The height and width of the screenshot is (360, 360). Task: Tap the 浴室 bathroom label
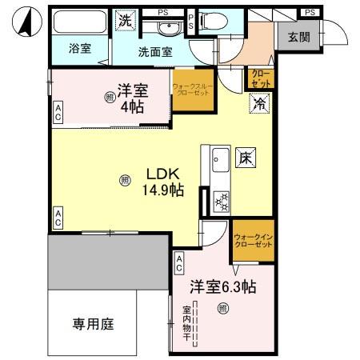point(79,48)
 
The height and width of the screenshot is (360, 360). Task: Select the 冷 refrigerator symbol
point(260,103)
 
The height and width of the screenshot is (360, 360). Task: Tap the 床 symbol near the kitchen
point(246,159)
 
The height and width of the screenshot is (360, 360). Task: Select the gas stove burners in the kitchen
point(221,201)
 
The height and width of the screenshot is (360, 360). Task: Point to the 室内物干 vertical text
point(186,324)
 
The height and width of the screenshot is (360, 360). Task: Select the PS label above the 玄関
point(309,12)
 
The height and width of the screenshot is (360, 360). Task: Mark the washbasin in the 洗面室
point(169,29)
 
